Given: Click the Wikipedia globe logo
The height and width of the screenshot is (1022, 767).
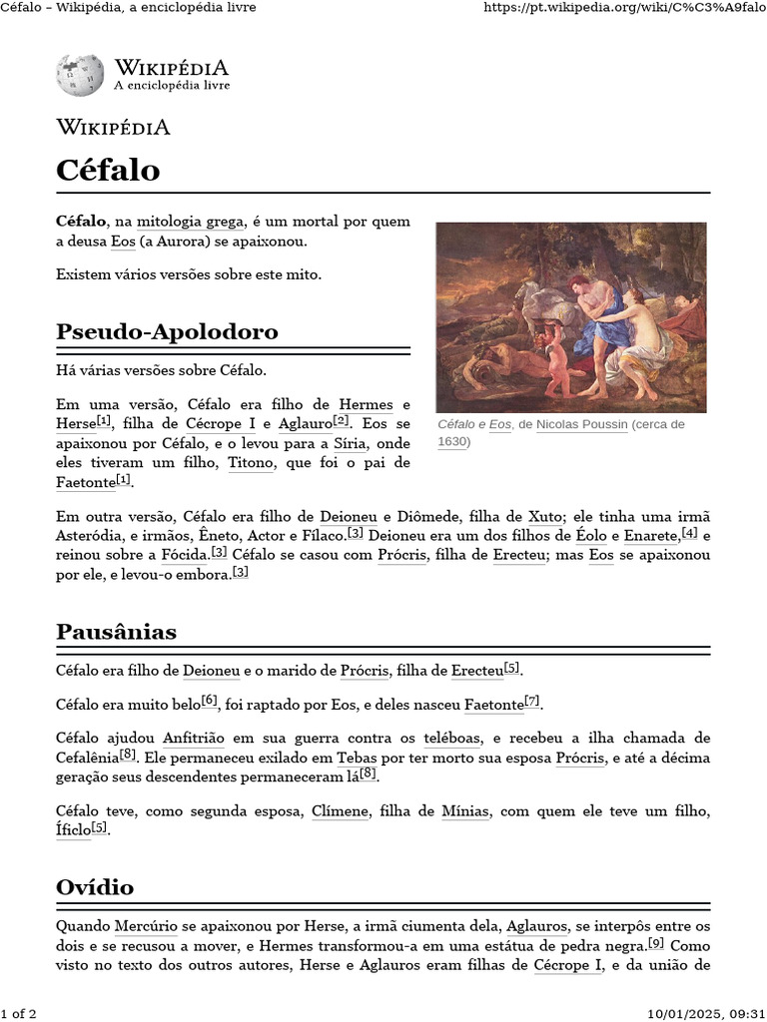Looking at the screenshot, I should coord(80,76).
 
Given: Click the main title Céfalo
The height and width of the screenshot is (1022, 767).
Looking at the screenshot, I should coord(108,170).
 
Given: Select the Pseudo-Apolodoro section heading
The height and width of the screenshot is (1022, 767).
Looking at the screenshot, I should coord(167,331).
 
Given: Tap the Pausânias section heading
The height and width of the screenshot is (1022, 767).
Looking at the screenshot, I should coord(117,632).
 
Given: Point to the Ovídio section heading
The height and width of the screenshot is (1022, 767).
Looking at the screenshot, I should coord(95,887).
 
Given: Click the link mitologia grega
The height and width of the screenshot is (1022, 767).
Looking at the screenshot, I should coord(191,221).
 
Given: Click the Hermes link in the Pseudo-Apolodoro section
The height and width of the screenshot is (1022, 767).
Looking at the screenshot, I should coord(367,404).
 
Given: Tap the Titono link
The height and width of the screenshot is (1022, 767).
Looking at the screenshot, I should coord(251,463).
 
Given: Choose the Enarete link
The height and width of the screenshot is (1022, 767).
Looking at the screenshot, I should coord(651,536).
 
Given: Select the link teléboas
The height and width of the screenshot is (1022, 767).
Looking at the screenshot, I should coord(452,738).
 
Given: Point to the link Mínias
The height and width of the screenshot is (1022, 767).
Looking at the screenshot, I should coord(465,811).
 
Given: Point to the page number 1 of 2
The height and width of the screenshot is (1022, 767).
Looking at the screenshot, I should coord(19,1014).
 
